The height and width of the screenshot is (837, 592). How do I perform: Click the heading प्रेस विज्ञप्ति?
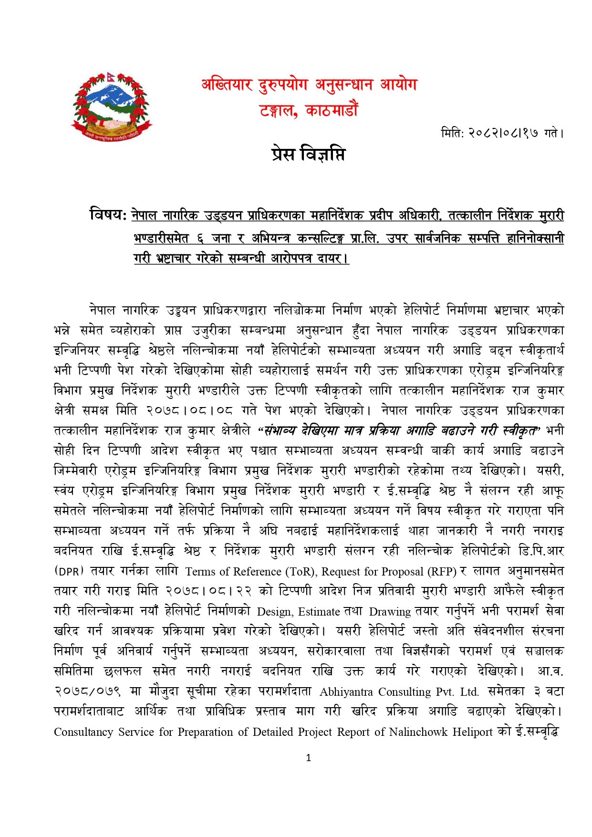click(308, 155)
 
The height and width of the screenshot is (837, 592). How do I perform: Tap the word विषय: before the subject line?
click(108, 215)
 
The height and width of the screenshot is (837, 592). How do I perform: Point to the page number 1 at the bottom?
click(308, 757)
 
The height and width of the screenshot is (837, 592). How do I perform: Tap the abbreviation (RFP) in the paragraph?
click(442, 572)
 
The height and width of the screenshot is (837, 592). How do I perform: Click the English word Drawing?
click(390, 612)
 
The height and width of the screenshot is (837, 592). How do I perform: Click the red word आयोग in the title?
click(398, 85)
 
